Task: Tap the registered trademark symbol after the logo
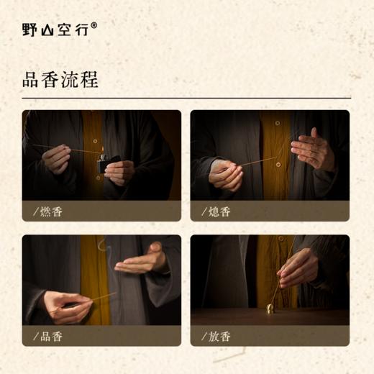pos(94,25)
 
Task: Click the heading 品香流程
pos(60,79)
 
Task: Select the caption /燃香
pos(48,211)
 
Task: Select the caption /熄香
pos(216,211)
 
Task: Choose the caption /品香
pos(48,336)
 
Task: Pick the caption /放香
pos(216,336)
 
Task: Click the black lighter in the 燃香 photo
pos(104,165)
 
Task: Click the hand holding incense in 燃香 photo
pos(57,158)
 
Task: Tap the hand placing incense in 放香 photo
pos(297,266)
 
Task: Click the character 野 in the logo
pos(30,29)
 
